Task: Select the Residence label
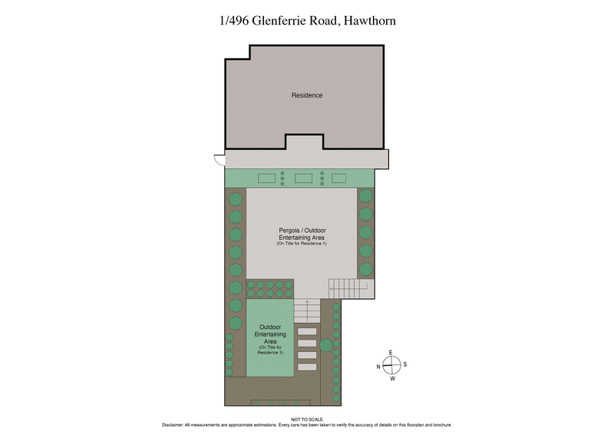(306, 95)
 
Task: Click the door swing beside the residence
(219, 160)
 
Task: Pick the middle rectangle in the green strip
(303, 178)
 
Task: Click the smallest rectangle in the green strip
(338, 178)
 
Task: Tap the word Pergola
(289, 230)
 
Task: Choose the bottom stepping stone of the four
(306, 367)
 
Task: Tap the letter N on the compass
(378, 366)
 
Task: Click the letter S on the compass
(404, 365)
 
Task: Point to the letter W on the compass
(391, 378)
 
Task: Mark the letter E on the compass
(391, 353)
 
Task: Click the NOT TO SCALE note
(307, 419)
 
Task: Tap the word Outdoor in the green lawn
(270, 327)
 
